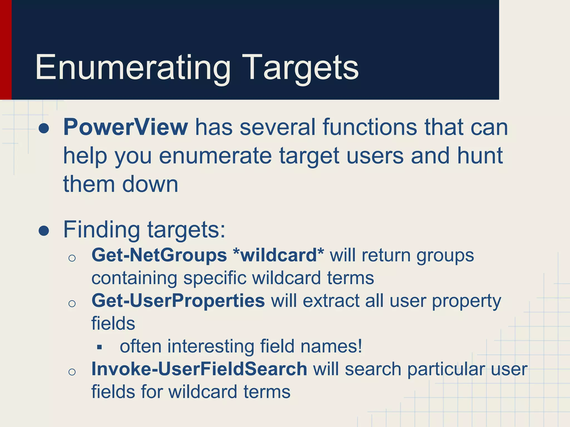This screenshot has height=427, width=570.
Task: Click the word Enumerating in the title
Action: click(x=133, y=68)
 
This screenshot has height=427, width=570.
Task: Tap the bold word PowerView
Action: click(x=126, y=127)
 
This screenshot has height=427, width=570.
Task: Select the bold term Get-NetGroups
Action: click(x=159, y=255)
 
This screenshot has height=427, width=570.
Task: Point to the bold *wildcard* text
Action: click(x=279, y=255)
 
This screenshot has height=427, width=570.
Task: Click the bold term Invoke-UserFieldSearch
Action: click(x=199, y=369)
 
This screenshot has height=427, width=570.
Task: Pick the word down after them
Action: click(x=150, y=184)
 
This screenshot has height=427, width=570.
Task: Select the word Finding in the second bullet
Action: click(x=102, y=230)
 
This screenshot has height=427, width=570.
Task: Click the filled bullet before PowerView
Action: click(x=44, y=129)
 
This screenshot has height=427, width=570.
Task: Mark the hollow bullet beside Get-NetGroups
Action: click(x=72, y=258)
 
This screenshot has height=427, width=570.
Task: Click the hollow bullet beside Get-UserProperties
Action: click(x=72, y=303)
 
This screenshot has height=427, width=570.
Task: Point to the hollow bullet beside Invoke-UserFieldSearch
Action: click(x=72, y=372)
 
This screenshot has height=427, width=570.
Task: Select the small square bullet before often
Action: click(x=100, y=347)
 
